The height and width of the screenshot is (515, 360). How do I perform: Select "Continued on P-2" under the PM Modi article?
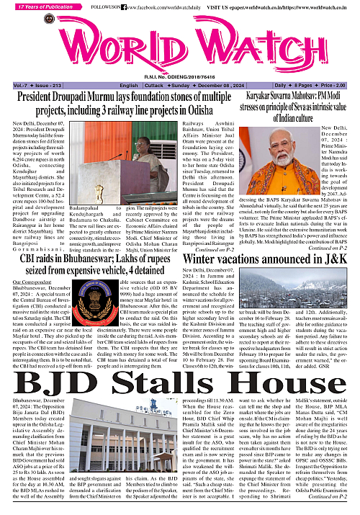click(328, 228)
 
